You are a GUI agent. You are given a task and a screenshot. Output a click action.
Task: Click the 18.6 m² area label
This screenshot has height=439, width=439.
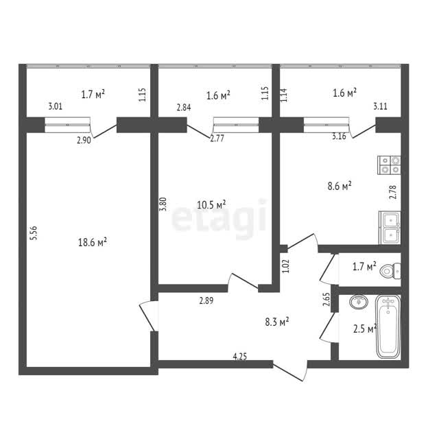coord(93,242)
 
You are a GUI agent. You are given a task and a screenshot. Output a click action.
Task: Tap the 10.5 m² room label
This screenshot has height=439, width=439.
coord(211,204)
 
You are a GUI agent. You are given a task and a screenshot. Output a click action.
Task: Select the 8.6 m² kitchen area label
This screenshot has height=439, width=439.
coord(340,186)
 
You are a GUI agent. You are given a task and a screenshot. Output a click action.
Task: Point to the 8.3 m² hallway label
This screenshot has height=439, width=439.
coord(277,322)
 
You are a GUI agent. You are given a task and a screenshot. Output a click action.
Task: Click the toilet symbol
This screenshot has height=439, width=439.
coord(390,271)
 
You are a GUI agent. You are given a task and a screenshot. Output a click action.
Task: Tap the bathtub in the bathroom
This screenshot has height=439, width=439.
coord(388,327)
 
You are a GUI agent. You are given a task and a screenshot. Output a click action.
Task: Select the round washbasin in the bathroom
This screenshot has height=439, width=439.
coord(358,302)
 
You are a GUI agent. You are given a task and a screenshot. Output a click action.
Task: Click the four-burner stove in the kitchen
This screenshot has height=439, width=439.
coord(389,165)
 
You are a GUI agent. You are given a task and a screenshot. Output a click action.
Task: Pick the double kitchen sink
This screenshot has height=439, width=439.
coord(390,228)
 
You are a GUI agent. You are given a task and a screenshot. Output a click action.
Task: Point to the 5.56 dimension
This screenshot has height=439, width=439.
coord(34,233)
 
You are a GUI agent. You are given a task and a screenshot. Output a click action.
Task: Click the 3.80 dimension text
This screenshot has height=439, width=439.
coord(163,204)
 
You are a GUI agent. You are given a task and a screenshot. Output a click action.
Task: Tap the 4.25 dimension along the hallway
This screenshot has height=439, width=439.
coord(240,357)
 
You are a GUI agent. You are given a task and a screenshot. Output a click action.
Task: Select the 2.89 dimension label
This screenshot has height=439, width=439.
coord(206,300)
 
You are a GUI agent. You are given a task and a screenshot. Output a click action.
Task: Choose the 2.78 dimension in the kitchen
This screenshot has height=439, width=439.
coord(393,192)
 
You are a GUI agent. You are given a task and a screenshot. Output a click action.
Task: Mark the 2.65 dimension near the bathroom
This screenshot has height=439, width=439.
coord(327,299)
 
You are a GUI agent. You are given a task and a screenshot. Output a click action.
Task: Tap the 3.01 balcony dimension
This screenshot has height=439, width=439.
coord(56,106)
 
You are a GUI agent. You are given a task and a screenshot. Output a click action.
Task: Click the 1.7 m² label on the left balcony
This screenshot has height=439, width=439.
coord(93,95)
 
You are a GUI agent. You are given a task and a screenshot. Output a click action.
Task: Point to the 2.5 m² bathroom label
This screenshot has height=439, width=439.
coord(365,329)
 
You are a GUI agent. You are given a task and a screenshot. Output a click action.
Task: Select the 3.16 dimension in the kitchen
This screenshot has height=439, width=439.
coord(339,137)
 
